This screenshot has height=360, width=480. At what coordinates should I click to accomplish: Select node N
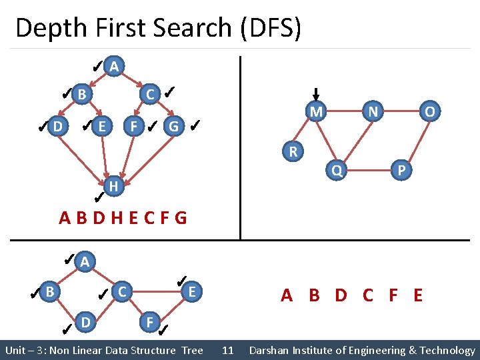373,111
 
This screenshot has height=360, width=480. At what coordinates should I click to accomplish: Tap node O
430,111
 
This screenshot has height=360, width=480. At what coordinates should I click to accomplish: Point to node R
293,151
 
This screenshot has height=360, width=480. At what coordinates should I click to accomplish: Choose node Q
337,171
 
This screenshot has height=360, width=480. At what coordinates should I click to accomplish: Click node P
401,171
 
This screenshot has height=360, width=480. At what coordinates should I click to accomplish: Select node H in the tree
114,187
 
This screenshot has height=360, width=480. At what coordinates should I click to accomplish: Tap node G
173,125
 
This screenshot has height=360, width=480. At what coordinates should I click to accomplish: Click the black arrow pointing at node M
316,95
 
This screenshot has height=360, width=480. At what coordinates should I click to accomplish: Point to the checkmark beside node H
98,196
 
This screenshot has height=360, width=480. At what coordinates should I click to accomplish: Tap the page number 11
227,350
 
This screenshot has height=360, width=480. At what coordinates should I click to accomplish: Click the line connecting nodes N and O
402,111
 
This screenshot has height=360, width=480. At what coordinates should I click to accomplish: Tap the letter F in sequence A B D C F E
393,295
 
